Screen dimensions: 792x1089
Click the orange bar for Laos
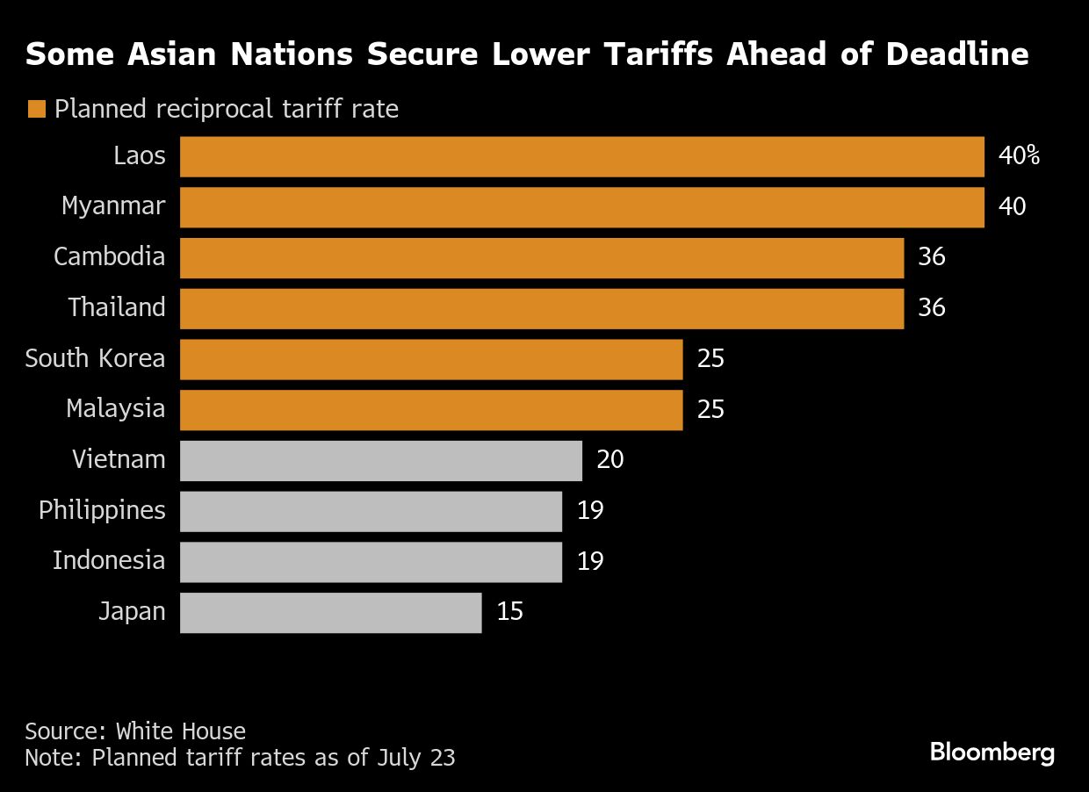click(581, 156)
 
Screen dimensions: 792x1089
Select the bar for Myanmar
click(581, 207)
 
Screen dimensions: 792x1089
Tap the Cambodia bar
click(542, 257)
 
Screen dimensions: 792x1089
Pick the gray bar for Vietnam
click(381, 460)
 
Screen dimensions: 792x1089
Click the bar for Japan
click(330, 612)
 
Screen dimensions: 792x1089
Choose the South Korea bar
click(431, 359)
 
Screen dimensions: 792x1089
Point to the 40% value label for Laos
click(1019, 156)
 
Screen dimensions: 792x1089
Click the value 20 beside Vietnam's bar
click(609, 460)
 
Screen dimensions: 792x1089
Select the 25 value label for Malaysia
click(710, 409)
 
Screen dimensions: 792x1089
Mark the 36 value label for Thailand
click(931, 308)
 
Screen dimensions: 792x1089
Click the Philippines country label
click(102, 510)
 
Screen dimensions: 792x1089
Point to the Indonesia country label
click(109, 561)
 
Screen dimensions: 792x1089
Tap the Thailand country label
click(117, 308)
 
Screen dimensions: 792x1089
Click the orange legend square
click(36, 110)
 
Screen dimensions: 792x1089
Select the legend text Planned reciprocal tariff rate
click(227, 110)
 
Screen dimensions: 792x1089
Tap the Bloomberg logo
click(992, 752)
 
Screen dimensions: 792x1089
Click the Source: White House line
click(135, 731)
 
